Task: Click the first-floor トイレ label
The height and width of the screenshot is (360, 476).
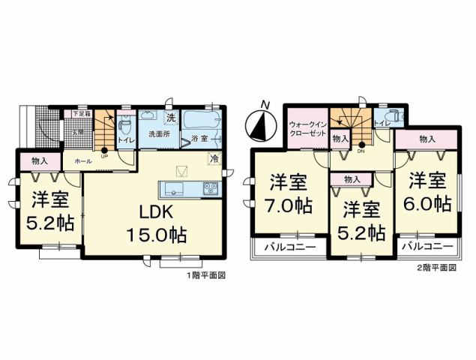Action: tap(126, 139)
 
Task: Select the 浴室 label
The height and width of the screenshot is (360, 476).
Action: tap(199, 138)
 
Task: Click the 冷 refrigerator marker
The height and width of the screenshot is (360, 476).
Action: tap(214, 159)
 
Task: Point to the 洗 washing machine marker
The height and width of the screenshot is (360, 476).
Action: tap(170, 118)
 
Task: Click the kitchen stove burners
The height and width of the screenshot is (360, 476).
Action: tap(211, 187)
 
